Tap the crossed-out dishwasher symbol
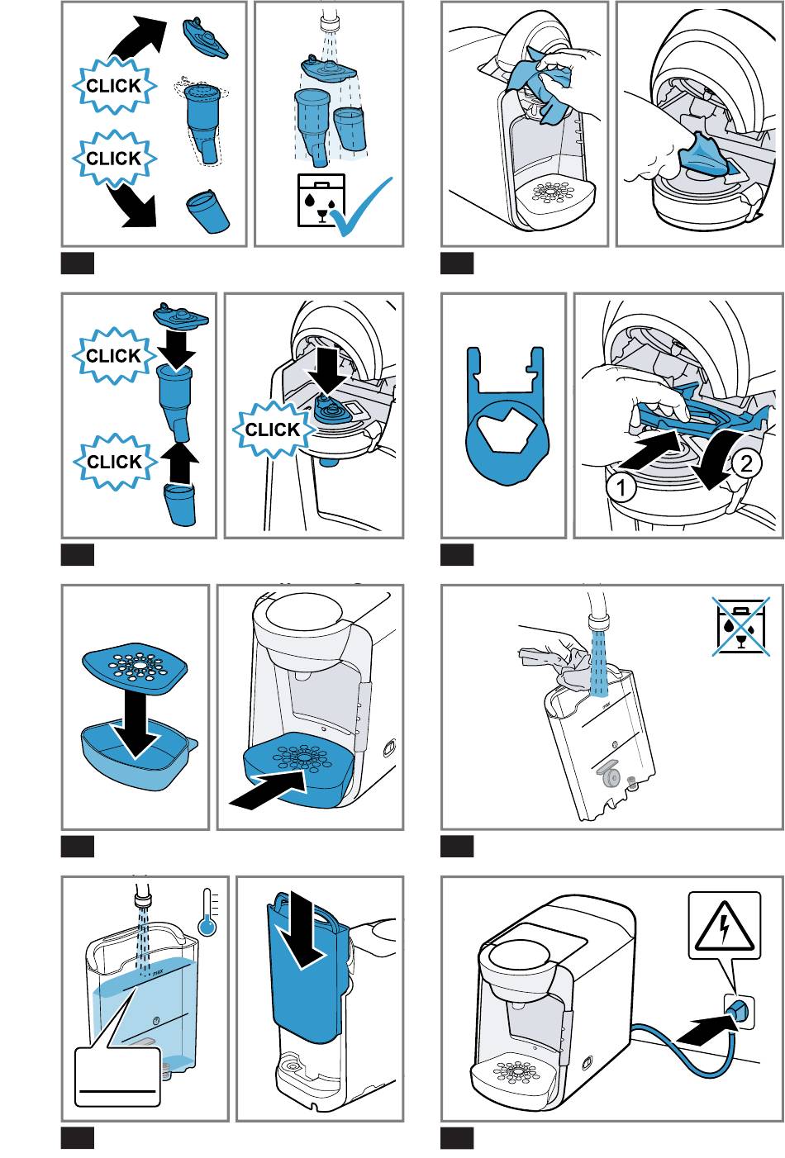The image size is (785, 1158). click(740, 625)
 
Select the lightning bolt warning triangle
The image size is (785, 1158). click(724, 925)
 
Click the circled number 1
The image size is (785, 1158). click(621, 487)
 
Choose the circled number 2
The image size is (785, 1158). click(745, 463)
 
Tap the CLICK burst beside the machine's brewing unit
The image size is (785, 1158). click(272, 430)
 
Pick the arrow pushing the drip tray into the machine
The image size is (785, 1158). click(266, 791)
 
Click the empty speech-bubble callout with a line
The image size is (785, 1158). click(117, 1076)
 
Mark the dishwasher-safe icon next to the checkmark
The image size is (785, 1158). click(320, 199)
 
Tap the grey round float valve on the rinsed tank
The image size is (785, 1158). click(611, 777)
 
